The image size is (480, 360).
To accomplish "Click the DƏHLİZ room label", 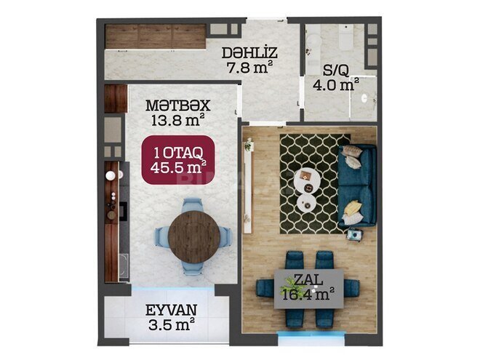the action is pos(249,53).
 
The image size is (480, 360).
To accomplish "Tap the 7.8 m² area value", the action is pos(249,68).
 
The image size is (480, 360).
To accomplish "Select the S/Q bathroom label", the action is pos(336,71).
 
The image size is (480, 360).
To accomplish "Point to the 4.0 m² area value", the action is pos(336,84).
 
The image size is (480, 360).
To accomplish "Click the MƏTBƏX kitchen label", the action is pos(178,105).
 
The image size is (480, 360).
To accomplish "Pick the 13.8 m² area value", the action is pos(178,120).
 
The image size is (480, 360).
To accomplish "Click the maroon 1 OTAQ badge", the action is pos(178,160).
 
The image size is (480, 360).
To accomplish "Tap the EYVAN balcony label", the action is pos(171,310).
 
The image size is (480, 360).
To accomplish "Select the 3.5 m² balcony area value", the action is pos(172,324).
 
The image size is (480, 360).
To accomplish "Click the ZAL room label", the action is pos(308,279).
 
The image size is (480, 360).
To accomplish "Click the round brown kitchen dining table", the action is pos(194,236).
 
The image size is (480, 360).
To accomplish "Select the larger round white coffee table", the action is pos(307,180).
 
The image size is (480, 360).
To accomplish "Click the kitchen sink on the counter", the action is pos(124,265).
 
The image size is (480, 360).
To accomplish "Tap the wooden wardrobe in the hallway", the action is pos(155,36).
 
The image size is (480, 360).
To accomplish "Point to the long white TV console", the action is pos(248,186).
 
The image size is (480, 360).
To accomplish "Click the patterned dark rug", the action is pos(316,184).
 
